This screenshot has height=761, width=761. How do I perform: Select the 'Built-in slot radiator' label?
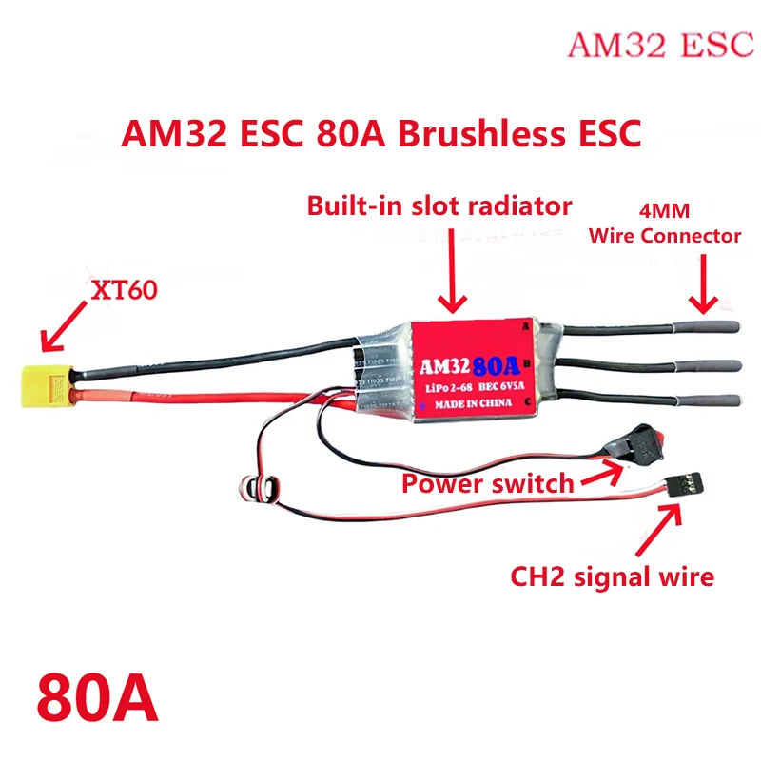click(x=439, y=205)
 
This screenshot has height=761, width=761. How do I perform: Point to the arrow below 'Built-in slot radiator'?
click(x=453, y=276)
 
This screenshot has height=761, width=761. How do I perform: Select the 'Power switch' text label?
click(x=487, y=482)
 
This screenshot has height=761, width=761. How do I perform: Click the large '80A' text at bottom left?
click(x=97, y=698)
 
